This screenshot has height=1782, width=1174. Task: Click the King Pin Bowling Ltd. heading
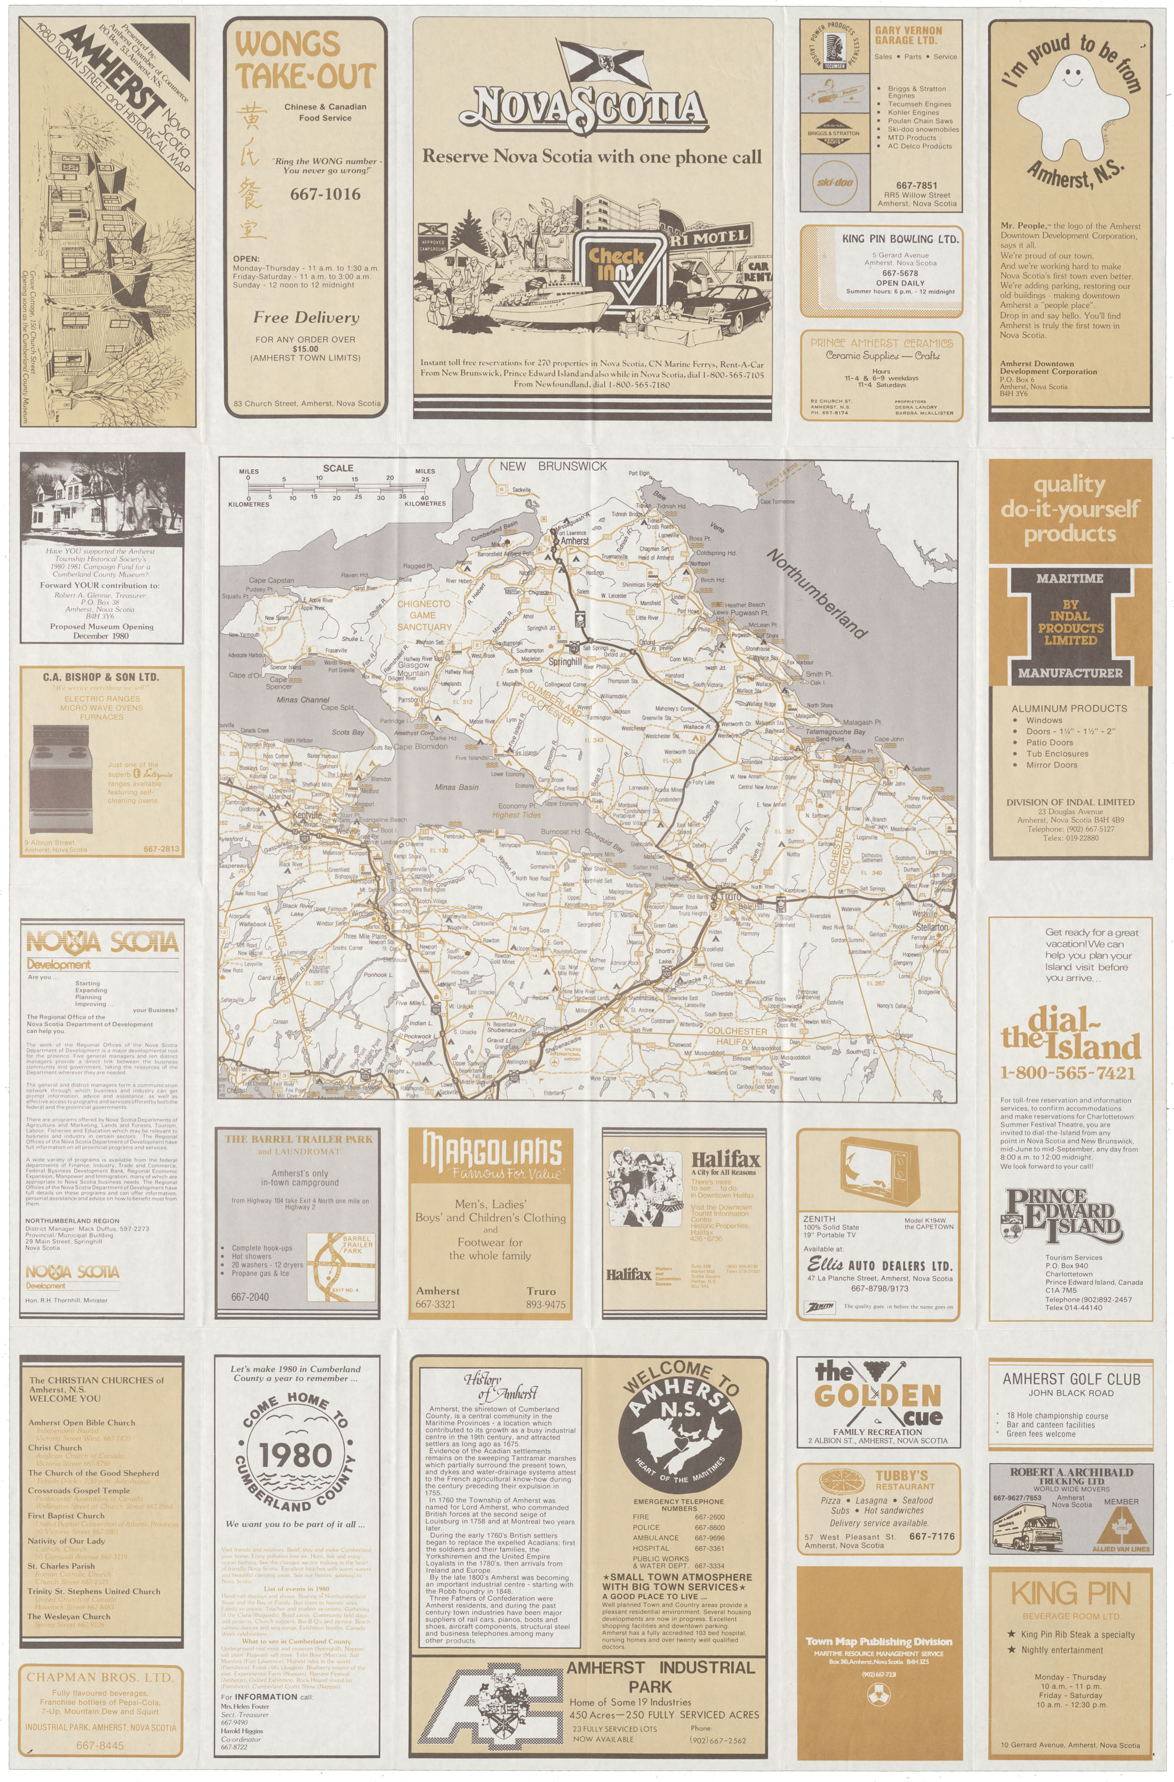(x=900, y=239)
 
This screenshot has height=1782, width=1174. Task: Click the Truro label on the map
(x=729, y=895)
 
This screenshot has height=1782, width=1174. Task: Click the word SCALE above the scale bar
(x=338, y=468)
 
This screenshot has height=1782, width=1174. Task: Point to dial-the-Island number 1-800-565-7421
(x=1068, y=1073)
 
